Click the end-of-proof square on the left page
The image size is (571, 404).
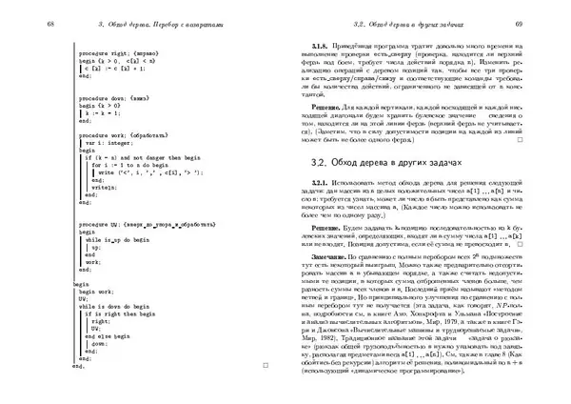[x=266, y=367]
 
